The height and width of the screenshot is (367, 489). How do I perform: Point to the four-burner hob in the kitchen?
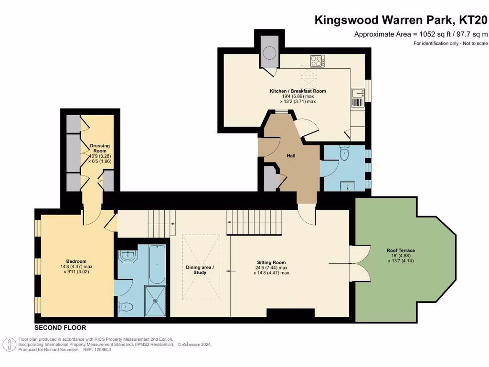[317, 61]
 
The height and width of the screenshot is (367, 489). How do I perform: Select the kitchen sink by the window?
[358, 97]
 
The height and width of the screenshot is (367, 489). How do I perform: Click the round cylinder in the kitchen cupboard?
[270, 53]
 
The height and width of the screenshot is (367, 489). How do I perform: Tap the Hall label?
[291, 156]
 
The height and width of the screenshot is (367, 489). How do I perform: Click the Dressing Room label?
[99, 148]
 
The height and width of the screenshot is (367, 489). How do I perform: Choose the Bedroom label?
[76, 261]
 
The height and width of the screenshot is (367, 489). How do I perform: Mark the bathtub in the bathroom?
[156, 264]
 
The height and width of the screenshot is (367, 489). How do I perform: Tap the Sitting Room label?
[271, 262]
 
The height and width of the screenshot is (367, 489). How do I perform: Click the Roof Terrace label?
[401, 250]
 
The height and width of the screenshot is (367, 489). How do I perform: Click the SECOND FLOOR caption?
[60, 328]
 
